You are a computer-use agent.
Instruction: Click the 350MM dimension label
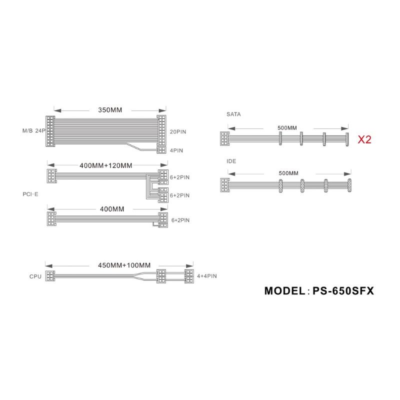coord(110,110)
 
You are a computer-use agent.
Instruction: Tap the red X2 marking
coord(364,139)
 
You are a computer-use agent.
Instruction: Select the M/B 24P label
coord(34,131)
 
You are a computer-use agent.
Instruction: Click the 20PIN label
coord(178,132)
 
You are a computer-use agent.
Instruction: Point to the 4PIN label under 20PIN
coord(176,150)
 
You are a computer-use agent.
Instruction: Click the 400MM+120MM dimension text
coord(106,165)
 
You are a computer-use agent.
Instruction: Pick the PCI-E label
coord(30,194)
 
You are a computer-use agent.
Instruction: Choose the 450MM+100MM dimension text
coord(124,265)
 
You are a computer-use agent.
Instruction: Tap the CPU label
coord(35,276)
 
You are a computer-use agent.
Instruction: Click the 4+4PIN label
coord(207,276)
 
